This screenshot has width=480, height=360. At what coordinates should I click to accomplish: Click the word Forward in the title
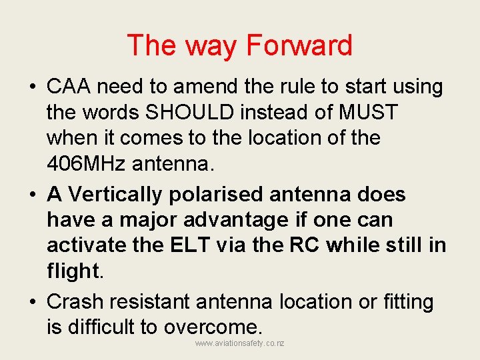click(x=299, y=45)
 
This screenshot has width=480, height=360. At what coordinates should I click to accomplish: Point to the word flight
click(x=73, y=271)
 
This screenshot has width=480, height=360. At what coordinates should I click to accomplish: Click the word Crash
click(x=74, y=302)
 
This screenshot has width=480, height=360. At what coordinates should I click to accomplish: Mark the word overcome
click(x=211, y=327)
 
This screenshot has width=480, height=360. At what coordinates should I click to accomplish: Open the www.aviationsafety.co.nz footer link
click(x=240, y=343)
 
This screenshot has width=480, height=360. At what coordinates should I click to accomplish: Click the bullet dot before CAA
click(x=32, y=87)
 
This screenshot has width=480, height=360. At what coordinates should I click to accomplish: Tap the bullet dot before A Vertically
click(x=32, y=195)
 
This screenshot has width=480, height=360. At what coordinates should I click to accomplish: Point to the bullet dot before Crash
click(x=32, y=303)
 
